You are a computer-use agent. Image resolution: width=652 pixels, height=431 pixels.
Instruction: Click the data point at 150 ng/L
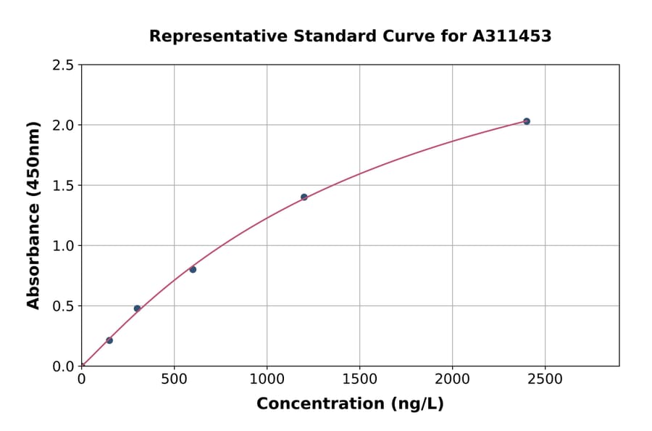coord(109,340)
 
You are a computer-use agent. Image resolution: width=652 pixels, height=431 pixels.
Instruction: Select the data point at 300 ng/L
coord(137,308)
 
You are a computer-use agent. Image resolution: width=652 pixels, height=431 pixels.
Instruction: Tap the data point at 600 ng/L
coord(193,269)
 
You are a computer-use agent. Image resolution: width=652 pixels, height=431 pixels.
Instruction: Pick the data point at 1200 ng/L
coord(304,197)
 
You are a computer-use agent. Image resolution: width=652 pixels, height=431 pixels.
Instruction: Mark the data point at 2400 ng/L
coord(527,121)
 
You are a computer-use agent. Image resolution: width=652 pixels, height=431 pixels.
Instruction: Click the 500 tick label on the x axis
coord(174,379)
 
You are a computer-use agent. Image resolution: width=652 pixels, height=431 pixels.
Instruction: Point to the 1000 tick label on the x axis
coord(267,379)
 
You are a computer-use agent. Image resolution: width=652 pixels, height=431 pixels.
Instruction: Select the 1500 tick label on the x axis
coord(359,379)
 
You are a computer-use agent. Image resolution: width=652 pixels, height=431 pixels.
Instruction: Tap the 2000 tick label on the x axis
coord(452,379)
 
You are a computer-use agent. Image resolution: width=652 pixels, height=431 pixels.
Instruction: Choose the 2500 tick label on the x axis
coord(545,379)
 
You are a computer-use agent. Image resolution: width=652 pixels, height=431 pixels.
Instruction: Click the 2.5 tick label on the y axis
coord(64,65)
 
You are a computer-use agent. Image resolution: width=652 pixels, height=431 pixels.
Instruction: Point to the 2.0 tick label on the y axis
coord(64,126)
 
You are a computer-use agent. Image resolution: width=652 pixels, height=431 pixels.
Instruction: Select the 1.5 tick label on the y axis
coord(64,186)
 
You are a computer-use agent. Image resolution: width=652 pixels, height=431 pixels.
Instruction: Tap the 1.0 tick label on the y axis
coord(64,246)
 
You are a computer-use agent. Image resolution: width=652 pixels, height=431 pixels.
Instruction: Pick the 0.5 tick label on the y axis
coord(64,306)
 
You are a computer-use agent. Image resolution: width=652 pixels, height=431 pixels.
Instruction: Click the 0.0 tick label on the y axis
coord(64,366)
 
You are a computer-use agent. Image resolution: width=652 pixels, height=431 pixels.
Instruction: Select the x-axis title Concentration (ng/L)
coord(350,404)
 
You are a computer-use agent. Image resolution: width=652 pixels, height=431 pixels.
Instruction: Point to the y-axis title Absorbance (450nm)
coord(33,215)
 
